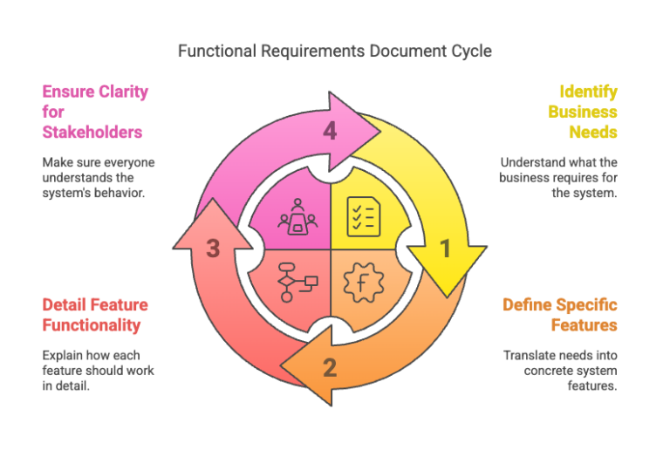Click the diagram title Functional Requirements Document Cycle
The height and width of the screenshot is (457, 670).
coord(335,51)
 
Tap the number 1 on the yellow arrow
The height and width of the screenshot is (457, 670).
coord(445,249)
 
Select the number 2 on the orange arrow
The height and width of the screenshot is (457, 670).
coord(330,367)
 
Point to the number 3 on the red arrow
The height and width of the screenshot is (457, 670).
coord(213,249)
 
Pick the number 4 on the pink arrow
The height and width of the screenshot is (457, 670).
coord(330,131)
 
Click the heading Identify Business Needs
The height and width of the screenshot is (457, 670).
coord(583,112)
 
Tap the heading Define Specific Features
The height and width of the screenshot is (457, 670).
coord(560,315)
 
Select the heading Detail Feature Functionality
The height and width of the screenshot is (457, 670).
coord(95,315)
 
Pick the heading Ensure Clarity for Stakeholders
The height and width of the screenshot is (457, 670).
coord(94,112)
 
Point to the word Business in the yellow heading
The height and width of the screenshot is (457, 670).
coord(583,112)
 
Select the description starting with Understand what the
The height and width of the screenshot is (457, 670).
coord(558,177)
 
